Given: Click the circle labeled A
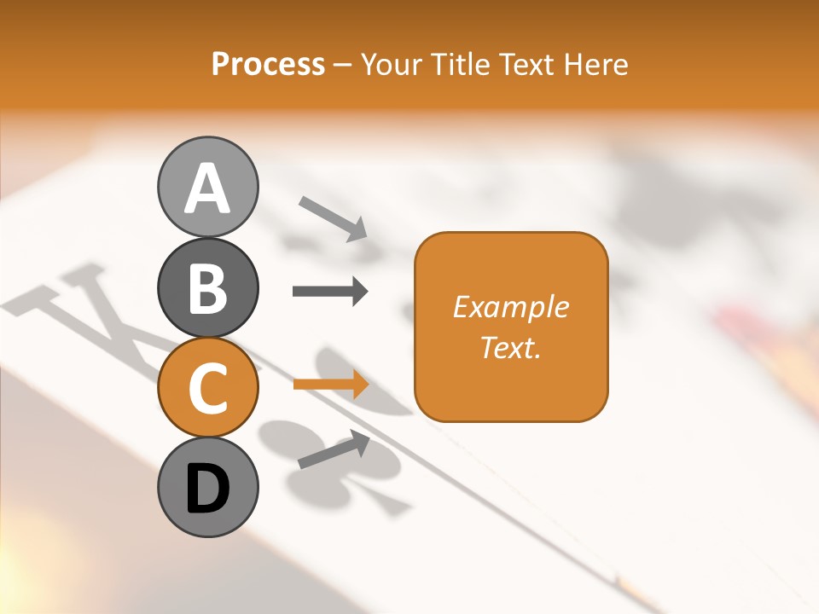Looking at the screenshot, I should pyautogui.click(x=207, y=187).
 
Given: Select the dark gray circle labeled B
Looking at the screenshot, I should pyautogui.click(x=207, y=288).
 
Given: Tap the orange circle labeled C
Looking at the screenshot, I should pyautogui.click(x=207, y=388).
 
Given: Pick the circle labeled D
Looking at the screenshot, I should pyautogui.click(x=207, y=487).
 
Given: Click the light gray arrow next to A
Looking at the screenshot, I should pyautogui.click(x=334, y=218).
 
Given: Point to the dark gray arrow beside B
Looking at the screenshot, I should pyautogui.click(x=330, y=292).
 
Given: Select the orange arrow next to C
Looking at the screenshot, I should pyautogui.click(x=331, y=384).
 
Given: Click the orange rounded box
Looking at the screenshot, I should pyautogui.click(x=511, y=327).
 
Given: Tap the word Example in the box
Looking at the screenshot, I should pyautogui.click(x=511, y=307).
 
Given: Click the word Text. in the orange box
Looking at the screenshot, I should pyautogui.click(x=511, y=347).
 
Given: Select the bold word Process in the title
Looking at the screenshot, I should pyautogui.click(x=268, y=64).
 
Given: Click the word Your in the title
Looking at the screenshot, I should pyautogui.click(x=392, y=65).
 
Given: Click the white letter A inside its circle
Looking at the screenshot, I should pyautogui.click(x=207, y=188).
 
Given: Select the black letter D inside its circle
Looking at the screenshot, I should pyautogui.click(x=207, y=489).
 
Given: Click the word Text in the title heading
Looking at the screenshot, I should pyautogui.click(x=528, y=64).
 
